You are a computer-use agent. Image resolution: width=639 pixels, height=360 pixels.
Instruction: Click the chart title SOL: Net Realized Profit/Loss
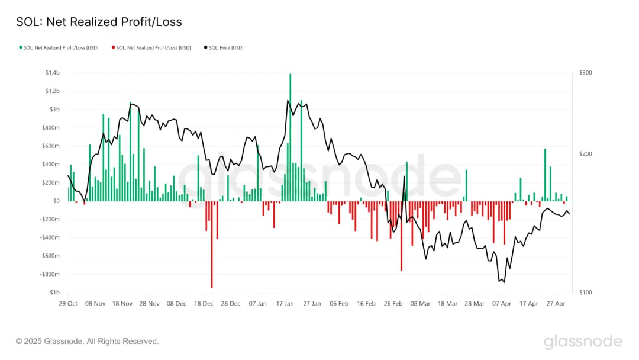99,22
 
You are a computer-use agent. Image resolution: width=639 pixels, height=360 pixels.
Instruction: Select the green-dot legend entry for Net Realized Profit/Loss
59,47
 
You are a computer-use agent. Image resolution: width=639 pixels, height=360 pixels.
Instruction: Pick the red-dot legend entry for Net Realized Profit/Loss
151,47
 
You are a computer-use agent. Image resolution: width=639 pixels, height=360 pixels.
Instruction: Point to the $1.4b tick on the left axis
53,73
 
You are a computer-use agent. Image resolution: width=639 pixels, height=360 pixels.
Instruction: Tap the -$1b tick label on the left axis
53,292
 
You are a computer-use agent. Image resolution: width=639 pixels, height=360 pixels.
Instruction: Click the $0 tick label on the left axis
56,201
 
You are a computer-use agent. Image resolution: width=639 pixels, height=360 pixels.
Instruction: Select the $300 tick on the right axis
586,73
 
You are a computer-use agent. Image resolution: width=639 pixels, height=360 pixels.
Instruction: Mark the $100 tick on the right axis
586,292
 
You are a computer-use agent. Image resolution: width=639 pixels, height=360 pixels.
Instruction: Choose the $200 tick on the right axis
586,154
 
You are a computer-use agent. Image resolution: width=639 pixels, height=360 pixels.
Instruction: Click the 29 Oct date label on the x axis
68,303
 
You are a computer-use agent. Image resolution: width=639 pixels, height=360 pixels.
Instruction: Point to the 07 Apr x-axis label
502,303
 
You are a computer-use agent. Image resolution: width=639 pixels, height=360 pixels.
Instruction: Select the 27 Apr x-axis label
556,303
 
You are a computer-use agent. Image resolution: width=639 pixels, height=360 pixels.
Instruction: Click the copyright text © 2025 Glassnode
87,342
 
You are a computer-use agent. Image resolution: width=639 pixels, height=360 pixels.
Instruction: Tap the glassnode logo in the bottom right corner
583,342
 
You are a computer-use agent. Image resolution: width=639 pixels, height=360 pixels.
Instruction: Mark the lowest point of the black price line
504,282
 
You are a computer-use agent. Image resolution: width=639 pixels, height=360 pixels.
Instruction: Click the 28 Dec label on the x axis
231,303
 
